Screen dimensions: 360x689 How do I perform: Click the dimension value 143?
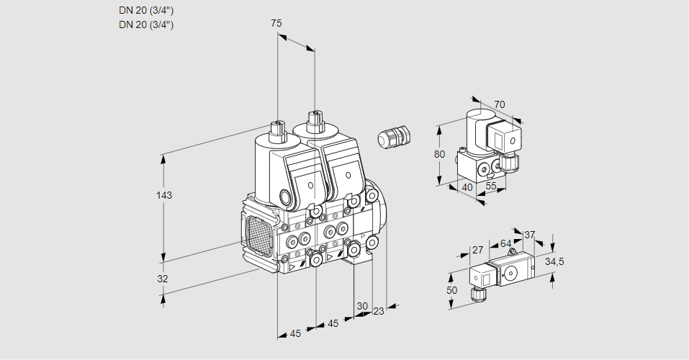165,195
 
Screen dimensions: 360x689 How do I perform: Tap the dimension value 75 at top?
276,23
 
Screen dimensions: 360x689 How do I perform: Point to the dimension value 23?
379,311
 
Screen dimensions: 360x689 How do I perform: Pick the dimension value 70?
500,104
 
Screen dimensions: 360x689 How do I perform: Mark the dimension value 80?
440,153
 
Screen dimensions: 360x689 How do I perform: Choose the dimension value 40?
467,187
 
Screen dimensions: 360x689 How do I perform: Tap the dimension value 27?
477,250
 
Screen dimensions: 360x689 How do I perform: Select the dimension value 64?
505,243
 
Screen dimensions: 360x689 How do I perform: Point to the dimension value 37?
530,235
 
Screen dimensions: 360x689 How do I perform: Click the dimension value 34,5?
554,261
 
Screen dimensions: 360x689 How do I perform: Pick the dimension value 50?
451,290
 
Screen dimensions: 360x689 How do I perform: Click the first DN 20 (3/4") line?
146,11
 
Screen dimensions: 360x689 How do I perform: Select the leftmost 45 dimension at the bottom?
295,333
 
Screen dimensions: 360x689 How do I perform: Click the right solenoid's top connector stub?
314,120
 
